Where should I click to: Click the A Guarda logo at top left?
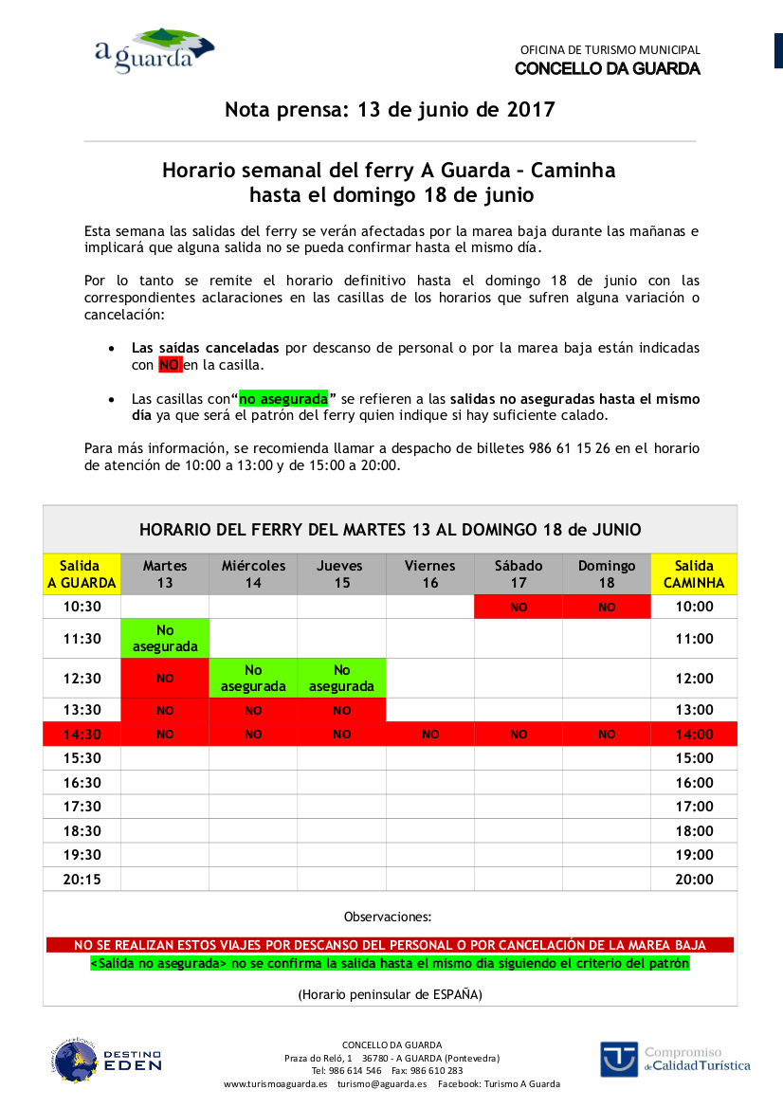click(x=154, y=50)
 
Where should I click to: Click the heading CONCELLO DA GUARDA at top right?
click(x=607, y=69)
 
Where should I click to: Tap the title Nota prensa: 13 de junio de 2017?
click(x=390, y=110)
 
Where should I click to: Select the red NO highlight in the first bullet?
click(x=170, y=365)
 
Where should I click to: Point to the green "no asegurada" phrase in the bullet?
click(x=283, y=399)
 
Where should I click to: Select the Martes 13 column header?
click(x=165, y=573)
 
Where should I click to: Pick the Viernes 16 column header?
click(x=430, y=573)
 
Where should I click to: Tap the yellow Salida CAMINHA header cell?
click(x=694, y=573)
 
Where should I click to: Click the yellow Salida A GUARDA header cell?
click(x=82, y=573)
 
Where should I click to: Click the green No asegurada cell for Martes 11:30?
click(x=165, y=638)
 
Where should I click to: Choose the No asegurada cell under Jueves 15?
click(x=341, y=678)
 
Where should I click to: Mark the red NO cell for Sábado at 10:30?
click(x=519, y=608)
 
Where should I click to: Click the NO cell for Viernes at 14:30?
click(x=430, y=735)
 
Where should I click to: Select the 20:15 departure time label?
click(x=82, y=880)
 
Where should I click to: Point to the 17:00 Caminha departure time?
click(x=694, y=807)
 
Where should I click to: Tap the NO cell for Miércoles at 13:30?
click(x=253, y=710)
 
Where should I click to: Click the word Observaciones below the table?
click(x=387, y=917)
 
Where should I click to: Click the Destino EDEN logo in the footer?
click(x=105, y=1061)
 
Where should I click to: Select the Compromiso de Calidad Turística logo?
click(x=674, y=1059)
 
